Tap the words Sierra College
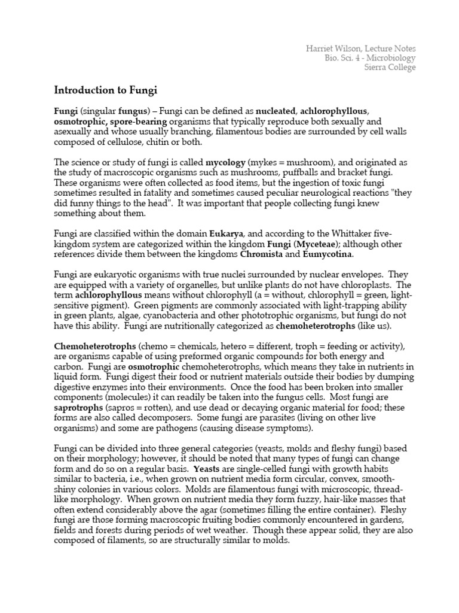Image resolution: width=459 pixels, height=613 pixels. (390, 67)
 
